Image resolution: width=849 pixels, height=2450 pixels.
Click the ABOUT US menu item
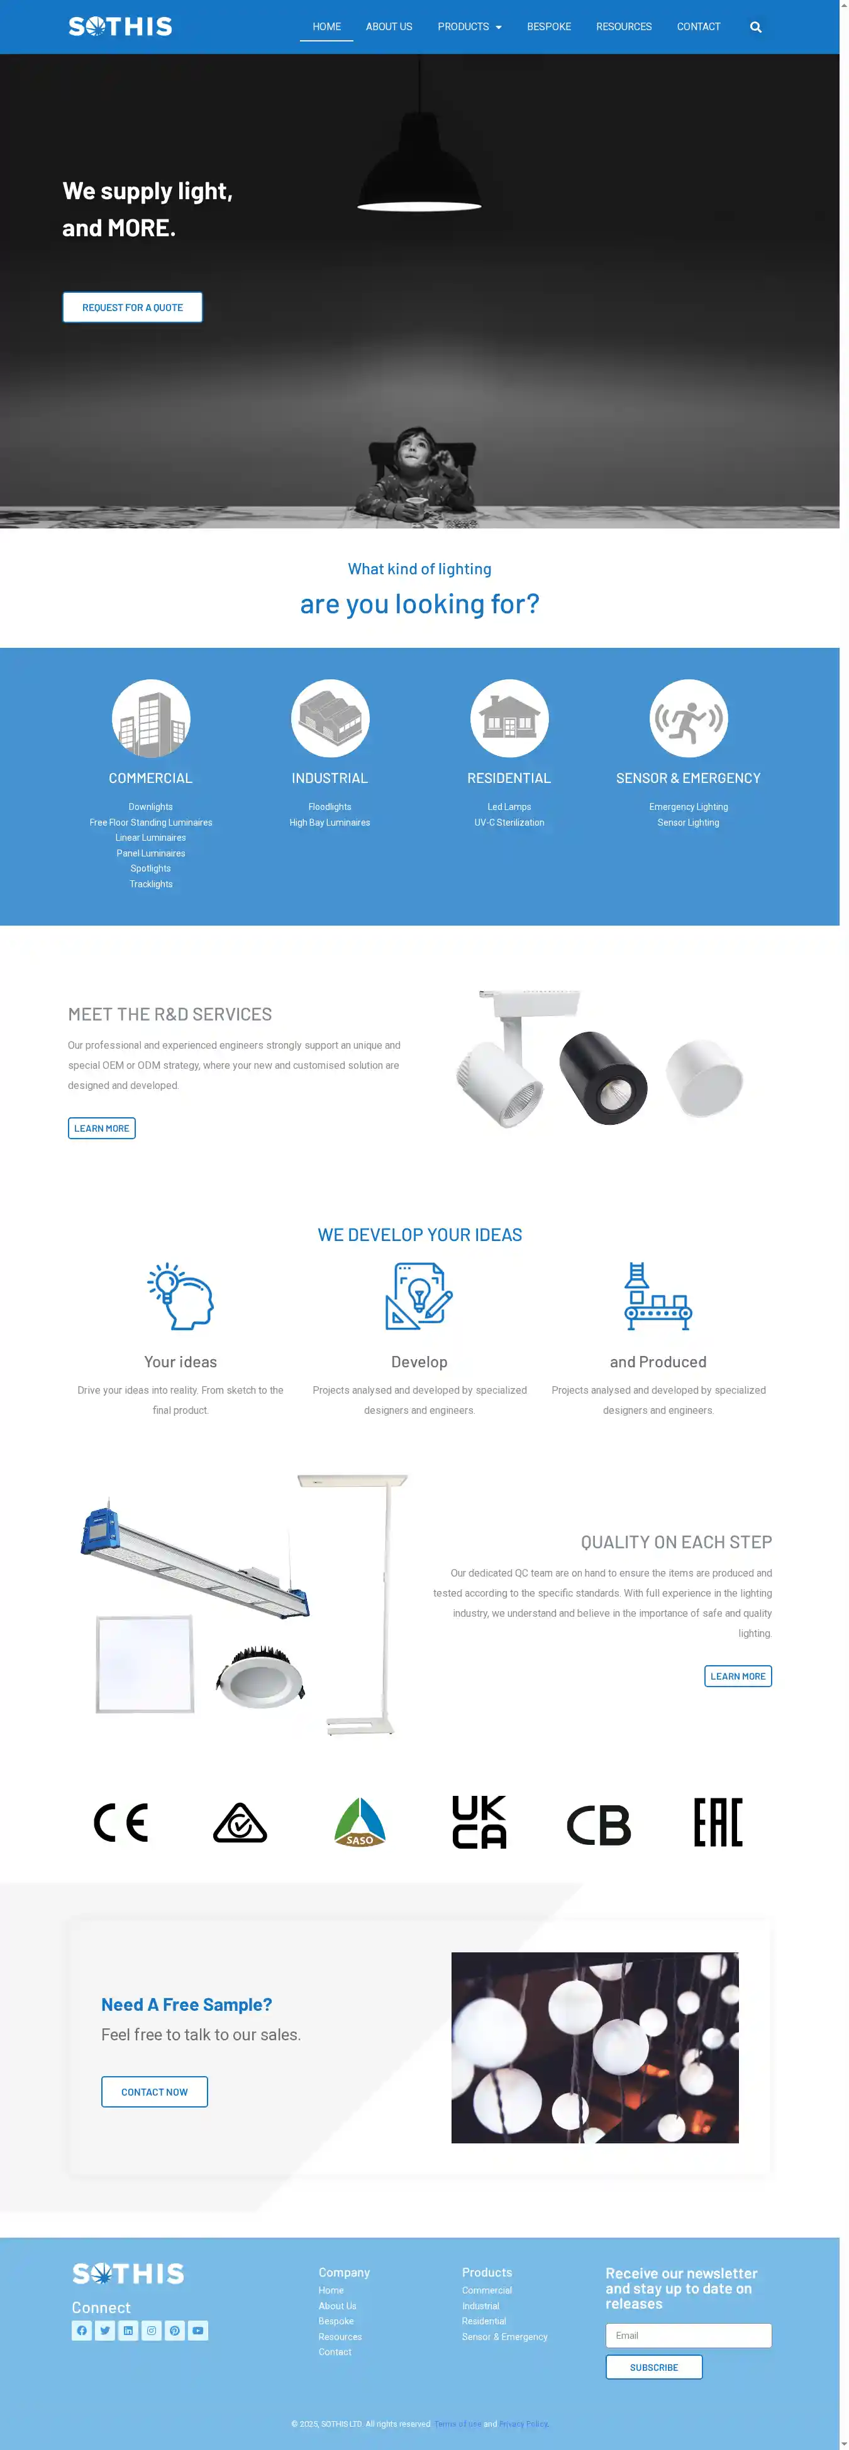pyautogui.click(x=388, y=26)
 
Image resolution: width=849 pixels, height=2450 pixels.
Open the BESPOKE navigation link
pyautogui.click(x=548, y=26)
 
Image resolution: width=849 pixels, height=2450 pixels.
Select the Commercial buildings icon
pyautogui.click(x=150, y=718)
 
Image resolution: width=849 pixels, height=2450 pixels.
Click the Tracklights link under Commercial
pyautogui.click(x=150, y=885)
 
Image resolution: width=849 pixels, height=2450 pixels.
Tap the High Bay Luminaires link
pyautogui.click(x=330, y=823)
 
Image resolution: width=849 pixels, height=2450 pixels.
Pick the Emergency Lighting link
pyautogui.click(x=688, y=807)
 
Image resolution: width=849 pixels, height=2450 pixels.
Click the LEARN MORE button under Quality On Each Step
pyautogui.click(x=738, y=1676)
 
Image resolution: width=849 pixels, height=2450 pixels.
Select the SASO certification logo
pyautogui.click(x=360, y=1822)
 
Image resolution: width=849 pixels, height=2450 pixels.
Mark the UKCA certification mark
pyautogui.click(x=479, y=1822)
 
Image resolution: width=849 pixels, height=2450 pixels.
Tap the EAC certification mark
pyautogui.click(x=718, y=1822)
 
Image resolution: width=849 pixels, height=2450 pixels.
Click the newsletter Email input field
pyautogui.click(x=688, y=2335)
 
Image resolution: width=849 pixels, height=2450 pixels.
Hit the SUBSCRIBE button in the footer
pyautogui.click(x=654, y=2367)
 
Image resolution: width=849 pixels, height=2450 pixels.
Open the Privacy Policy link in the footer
pyautogui.click(x=523, y=2424)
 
